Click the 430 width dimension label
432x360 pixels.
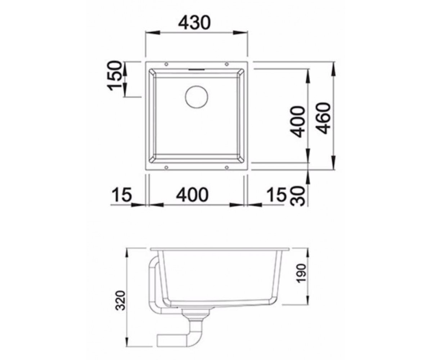[194, 23]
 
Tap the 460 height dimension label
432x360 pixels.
[324, 118]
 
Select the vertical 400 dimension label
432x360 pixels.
[297, 122]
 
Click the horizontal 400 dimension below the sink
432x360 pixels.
[192, 194]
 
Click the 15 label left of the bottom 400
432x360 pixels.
[122, 194]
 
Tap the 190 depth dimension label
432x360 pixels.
[301, 273]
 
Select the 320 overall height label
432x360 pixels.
[120, 301]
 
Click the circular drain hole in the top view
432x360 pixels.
[197, 97]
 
